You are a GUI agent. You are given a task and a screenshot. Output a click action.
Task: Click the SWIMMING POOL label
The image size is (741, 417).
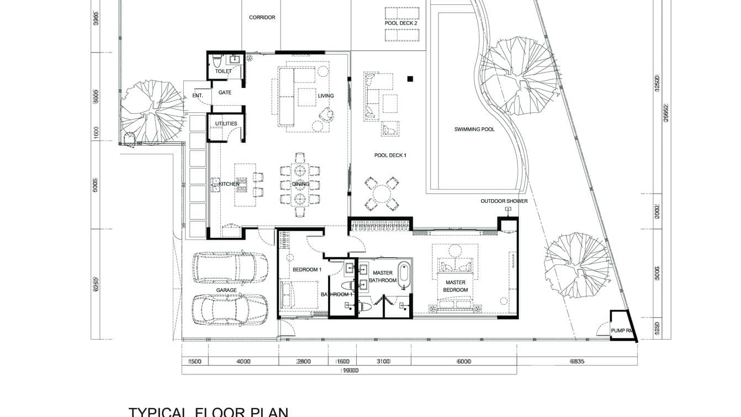click(x=474, y=129)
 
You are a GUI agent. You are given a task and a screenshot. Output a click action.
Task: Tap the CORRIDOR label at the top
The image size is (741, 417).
click(x=262, y=18)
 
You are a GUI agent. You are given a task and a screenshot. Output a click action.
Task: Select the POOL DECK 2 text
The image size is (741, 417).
click(x=401, y=23)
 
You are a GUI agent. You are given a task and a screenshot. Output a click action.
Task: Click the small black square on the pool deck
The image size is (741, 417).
click(x=410, y=79)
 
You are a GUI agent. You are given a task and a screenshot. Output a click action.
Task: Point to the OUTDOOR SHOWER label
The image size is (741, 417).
click(x=504, y=201)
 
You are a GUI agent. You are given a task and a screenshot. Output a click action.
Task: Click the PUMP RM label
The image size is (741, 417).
click(x=621, y=331)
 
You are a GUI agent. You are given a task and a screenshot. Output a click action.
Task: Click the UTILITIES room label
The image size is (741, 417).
click(x=226, y=124)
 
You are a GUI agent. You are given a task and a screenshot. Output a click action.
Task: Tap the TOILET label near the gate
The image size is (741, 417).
click(x=223, y=71)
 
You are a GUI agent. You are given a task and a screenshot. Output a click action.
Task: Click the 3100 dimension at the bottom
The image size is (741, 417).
click(x=383, y=362)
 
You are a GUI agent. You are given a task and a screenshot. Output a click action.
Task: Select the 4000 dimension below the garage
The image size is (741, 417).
click(x=244, y=362)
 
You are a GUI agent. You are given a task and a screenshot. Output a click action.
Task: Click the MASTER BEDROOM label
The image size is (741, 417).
click(x=456, y=286)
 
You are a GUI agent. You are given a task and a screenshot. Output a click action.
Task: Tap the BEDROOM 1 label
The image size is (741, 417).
click(x=306, y=270)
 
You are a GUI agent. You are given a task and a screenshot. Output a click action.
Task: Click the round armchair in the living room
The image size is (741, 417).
click(x=327, y=114)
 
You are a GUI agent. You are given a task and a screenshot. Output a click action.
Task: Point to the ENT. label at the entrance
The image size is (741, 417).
click(x=198, y=96)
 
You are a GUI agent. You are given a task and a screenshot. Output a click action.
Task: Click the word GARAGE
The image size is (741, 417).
click(x=226, y=290)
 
